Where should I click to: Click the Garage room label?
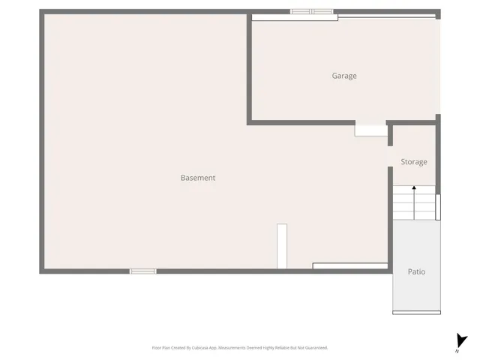344,76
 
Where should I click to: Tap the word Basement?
198,178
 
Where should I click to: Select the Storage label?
413,162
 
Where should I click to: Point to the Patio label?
416,271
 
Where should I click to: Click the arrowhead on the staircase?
414,188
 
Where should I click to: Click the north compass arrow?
461,340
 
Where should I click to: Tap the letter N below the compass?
457,351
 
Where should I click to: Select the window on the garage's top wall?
311,11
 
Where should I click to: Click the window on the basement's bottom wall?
142,271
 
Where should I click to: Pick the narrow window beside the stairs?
438,207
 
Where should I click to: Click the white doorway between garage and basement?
370,130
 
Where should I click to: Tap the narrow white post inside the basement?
282,246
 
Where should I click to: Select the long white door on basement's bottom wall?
349,265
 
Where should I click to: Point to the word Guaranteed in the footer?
314,348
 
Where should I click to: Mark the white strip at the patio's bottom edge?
416,312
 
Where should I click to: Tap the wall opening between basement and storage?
391,156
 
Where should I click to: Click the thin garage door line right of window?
385,16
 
